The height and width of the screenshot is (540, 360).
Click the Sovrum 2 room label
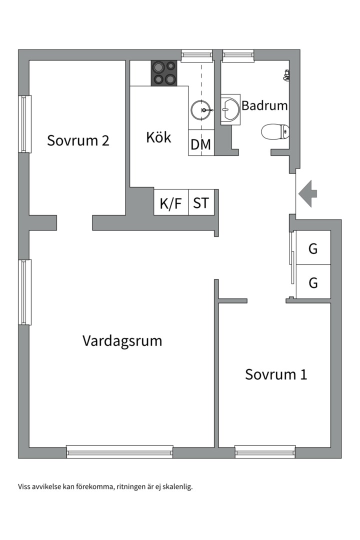pos(78,140)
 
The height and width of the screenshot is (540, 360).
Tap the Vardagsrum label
pos(122,341)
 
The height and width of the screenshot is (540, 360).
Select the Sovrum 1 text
pos(276,374)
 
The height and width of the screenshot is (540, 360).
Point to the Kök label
pos(158,137)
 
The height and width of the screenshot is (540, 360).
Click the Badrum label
pos(264,105)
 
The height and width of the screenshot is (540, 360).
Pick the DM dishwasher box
pos(201,142)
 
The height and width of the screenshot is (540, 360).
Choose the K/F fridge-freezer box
pos(171,202)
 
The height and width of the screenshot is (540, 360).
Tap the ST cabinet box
pos(201,202)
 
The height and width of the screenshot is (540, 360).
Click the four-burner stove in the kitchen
pos(164,73)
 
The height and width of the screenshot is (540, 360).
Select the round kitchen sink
pos(201,110)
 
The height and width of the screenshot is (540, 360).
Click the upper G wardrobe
pos(313,247)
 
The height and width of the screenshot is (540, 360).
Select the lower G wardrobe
pos(313,282)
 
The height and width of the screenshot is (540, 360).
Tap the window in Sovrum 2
pos(25,124)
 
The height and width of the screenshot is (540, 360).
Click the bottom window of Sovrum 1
pos(265,451)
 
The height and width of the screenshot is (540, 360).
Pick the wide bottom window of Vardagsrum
pos(119,451)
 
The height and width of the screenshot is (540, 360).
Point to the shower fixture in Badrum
pos(286,75)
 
